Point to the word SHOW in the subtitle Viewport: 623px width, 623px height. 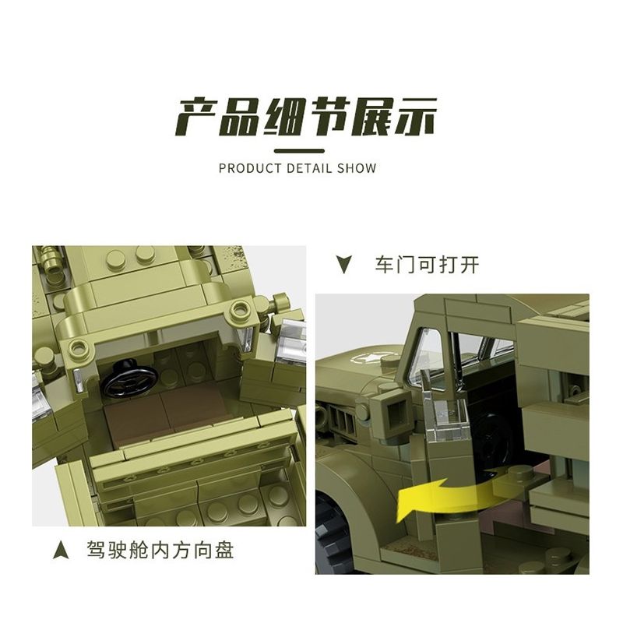[357, 168]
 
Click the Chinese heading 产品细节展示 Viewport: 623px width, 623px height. [306, 118]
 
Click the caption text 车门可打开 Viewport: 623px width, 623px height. [427, 265]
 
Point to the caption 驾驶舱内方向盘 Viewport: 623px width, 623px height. [160, 551]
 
